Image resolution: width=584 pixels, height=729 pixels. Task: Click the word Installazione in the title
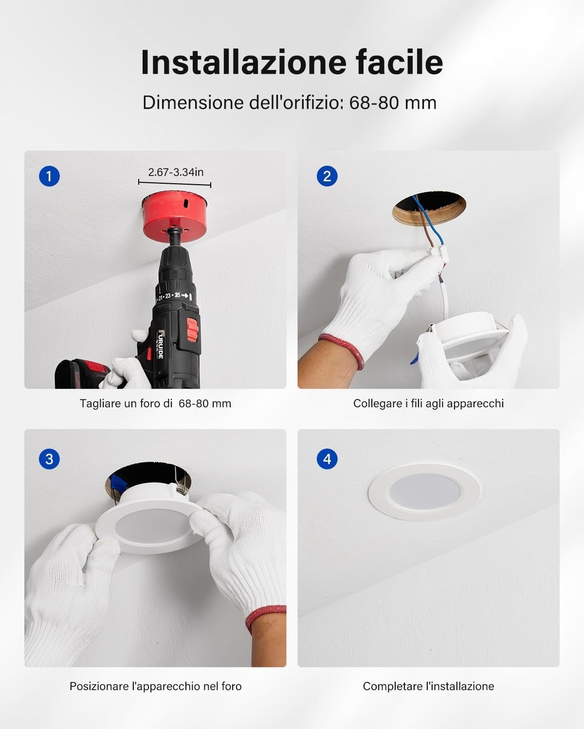coord(244,62)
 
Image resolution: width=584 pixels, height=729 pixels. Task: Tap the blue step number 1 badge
coord(49,176)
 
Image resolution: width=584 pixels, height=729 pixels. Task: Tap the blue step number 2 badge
coord(327,176)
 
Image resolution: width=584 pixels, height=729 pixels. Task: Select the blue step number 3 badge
coord(49,459)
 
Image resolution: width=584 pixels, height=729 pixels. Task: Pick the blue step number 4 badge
coord(327,459)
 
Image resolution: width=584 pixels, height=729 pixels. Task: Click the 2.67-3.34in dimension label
coord(176,172)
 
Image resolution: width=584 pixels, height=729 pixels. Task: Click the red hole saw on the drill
coord(175,217)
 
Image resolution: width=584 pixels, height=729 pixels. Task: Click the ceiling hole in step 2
coord(429,208)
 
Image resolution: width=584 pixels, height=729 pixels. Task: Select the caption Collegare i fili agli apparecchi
coord(428,403)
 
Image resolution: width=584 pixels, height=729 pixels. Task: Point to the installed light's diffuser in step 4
coord(424,492)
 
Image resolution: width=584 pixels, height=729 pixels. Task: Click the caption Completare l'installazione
coord(428,686)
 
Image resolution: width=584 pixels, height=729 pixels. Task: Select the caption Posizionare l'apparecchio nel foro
coord(155,686)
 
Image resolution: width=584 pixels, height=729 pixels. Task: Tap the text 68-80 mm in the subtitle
coord(393,103)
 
